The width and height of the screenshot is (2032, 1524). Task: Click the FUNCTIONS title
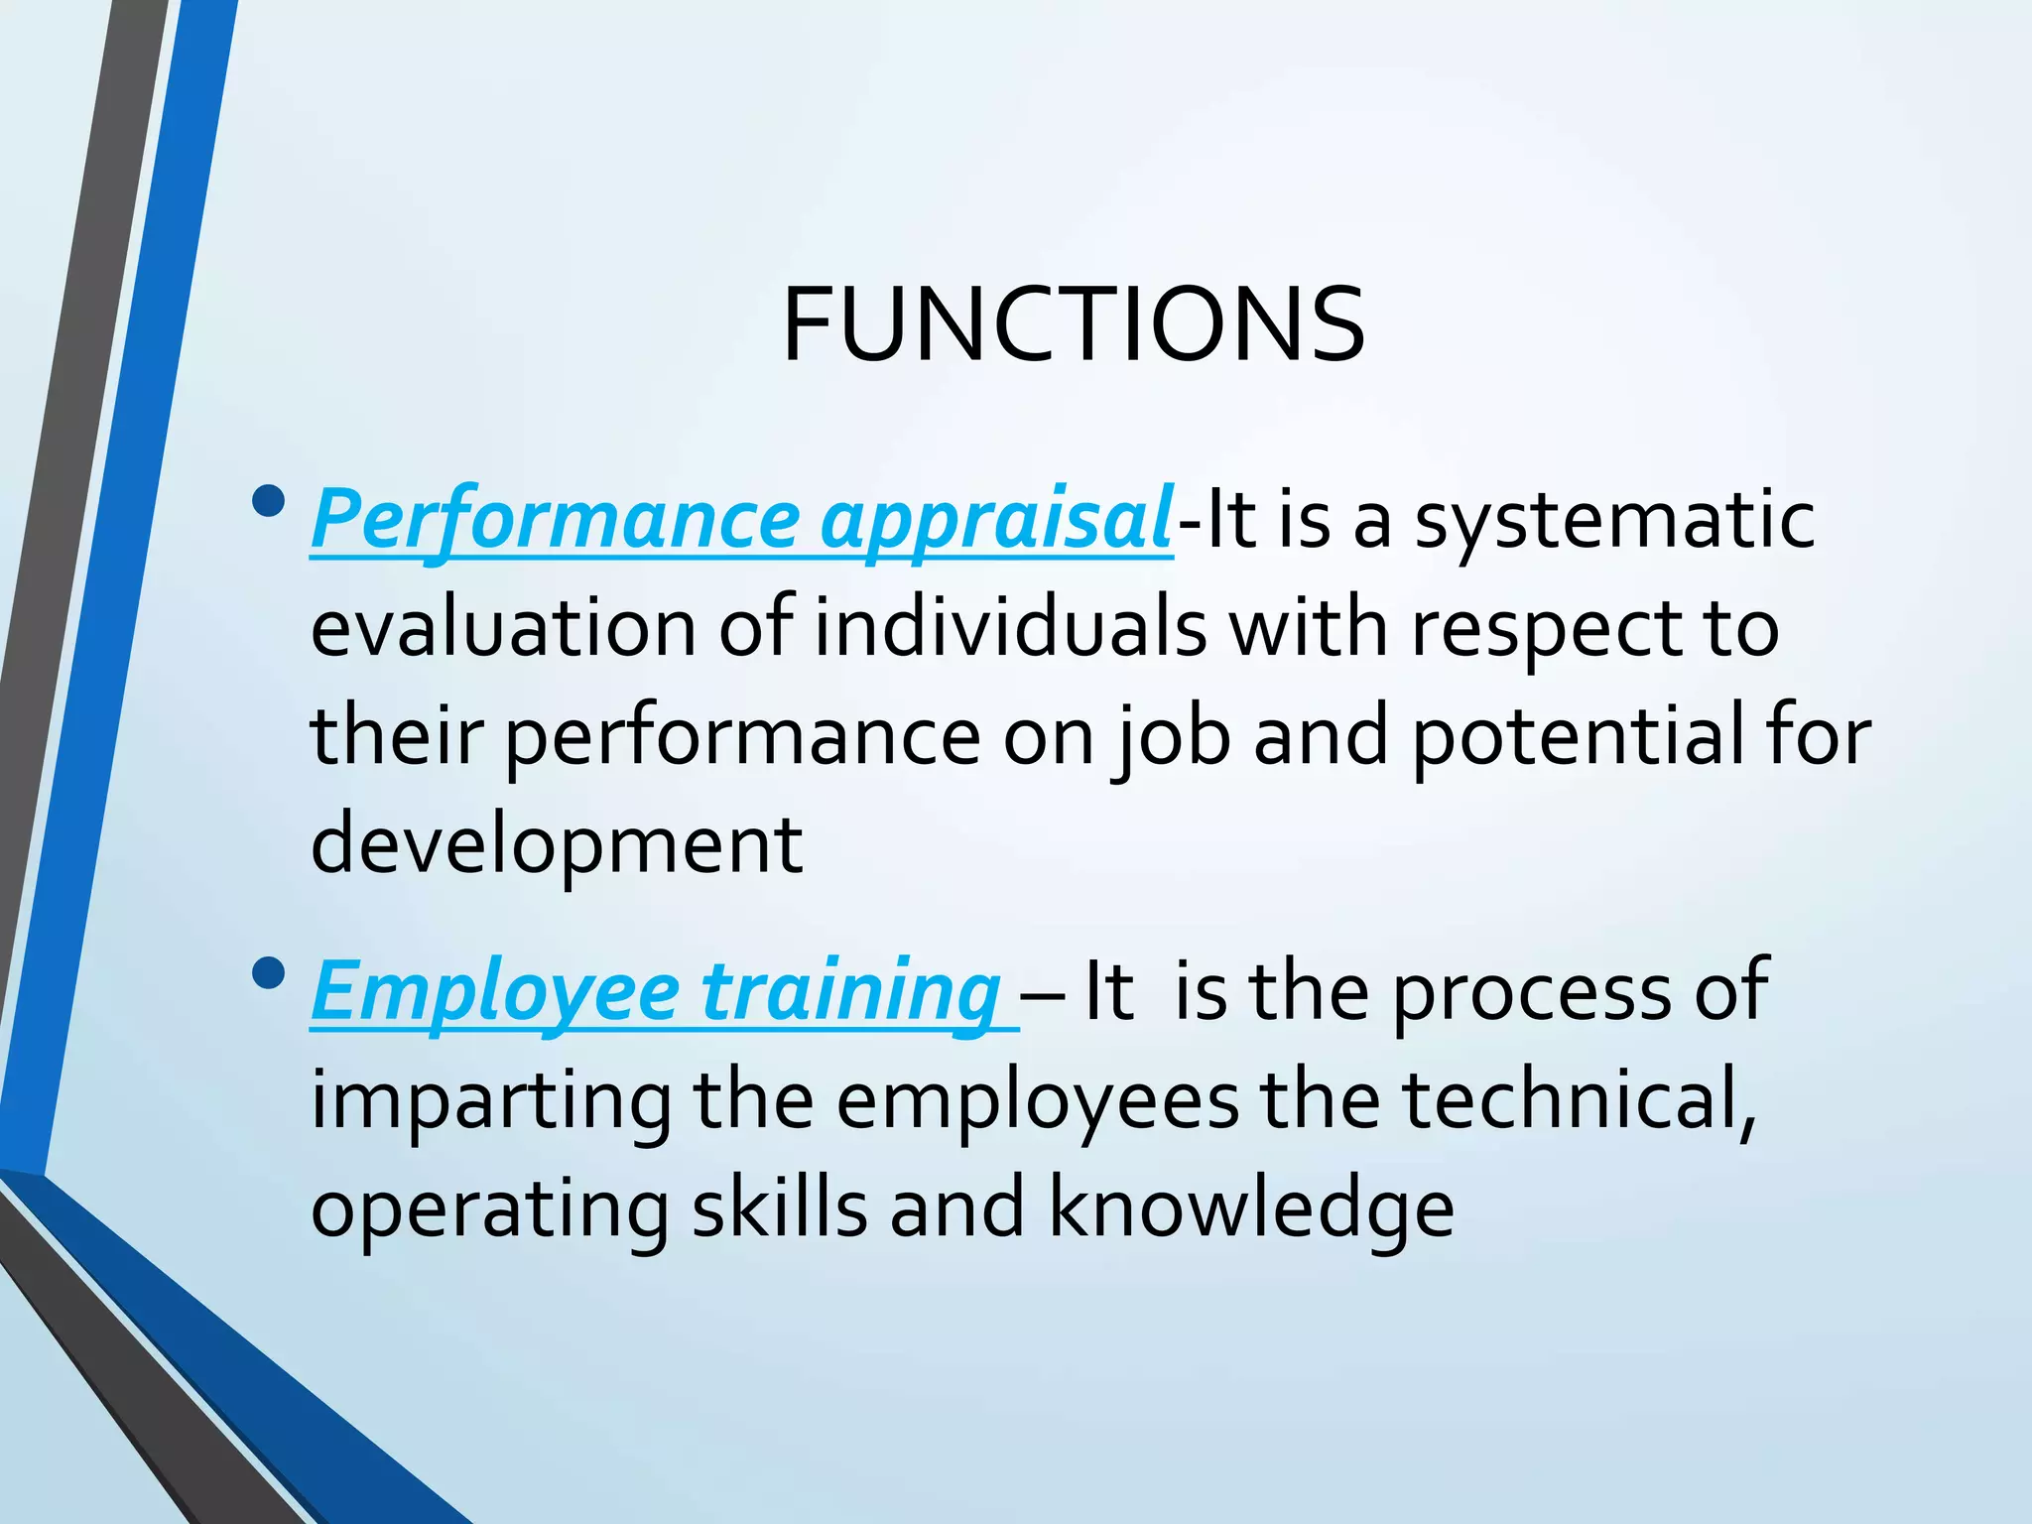(x=1074, y=325)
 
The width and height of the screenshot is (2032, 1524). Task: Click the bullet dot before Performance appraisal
(x=268, y=503)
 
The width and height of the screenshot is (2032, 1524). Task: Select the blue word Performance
(x=556, y=521)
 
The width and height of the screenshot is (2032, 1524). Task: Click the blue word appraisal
(x=996, y=521)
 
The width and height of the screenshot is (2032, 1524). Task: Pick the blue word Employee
(x=495, y=991)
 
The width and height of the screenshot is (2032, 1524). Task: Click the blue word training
(x=852, y=991)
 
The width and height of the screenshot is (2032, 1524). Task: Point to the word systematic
(x=1614, y=521)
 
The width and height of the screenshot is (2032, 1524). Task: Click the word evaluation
(x=503, y=629)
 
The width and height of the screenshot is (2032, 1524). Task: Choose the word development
(x=557, y=845)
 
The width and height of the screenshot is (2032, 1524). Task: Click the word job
(x=1173, y=738)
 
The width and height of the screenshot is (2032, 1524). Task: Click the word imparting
(x=491, y=1101)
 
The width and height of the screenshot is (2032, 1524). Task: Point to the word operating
(x=490, y=1210)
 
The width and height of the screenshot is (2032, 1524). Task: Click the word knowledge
(x=1252, y=1210)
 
